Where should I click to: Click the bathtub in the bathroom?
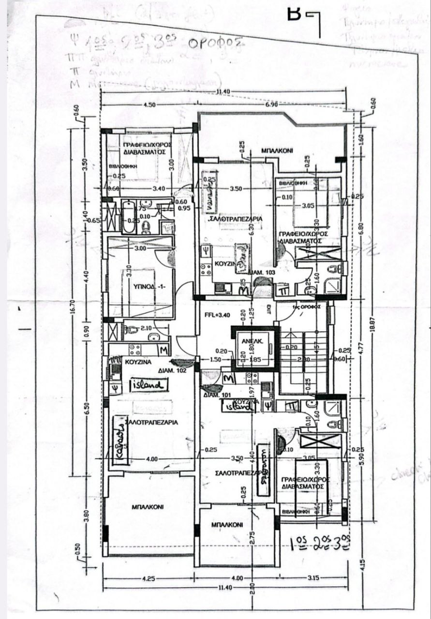128,216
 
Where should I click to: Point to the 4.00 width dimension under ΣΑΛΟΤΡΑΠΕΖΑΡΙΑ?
151,458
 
